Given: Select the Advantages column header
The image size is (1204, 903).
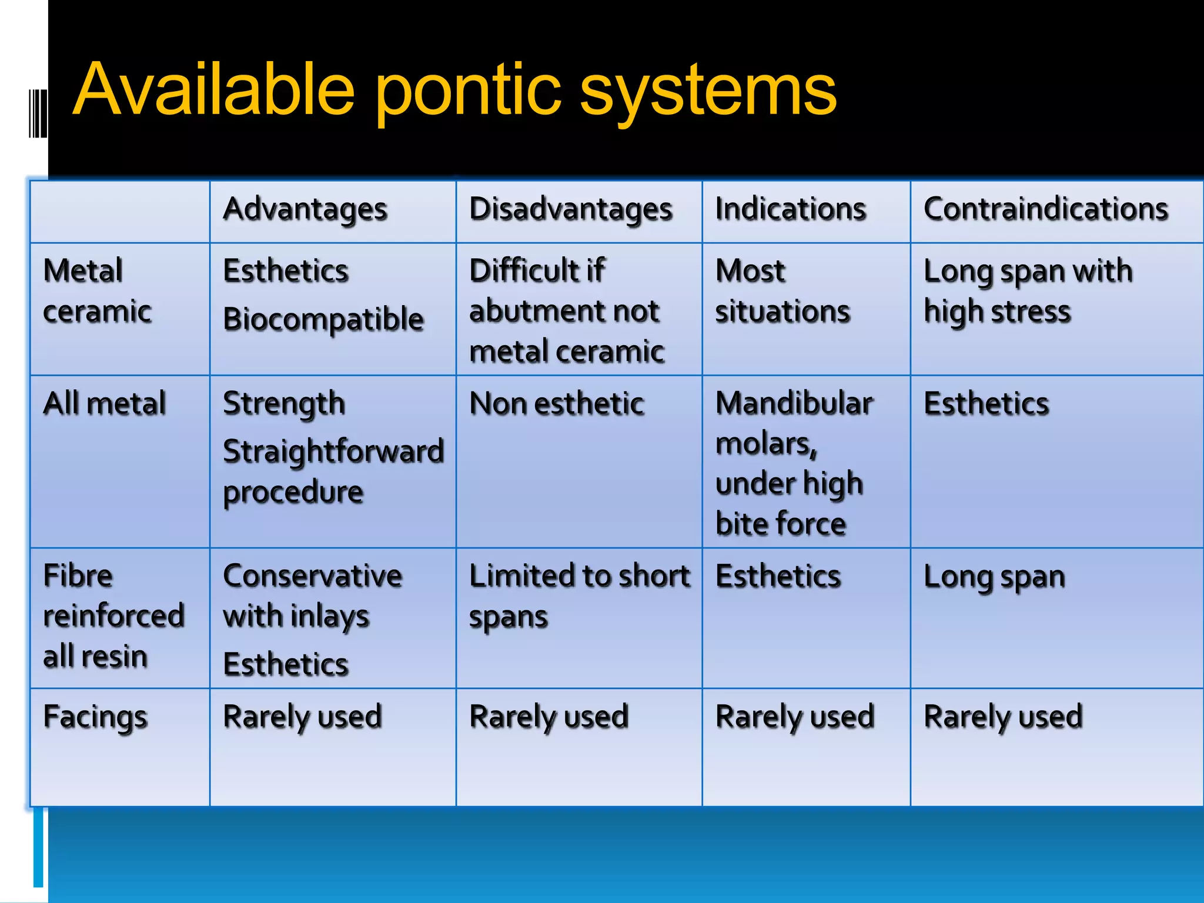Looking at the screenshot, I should pyautogui.click(x=305, y=209).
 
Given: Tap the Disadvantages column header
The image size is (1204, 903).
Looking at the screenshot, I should pyautogui.click(x=570, y=209).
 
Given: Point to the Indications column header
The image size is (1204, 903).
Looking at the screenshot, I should pyautogui.click(x=790, y=209).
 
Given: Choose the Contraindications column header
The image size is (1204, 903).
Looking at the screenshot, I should pyautogui.click(x=1045, y=209).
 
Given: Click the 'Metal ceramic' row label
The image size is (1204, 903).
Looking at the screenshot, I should pyautogui.click(x=97, y=291).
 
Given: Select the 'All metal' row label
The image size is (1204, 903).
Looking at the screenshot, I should pyautogui.click(x=105, y=404).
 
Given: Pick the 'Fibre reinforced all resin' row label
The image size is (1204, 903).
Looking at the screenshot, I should pyautogui.click(x=113, y=616).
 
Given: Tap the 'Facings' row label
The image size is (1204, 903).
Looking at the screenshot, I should pyautogui.click(x=95, y=717).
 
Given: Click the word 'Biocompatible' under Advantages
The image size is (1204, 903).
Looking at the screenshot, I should pyautogui.click(x=323, y=320).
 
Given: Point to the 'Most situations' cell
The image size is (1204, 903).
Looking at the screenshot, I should pyautogui.click(x=782, y=291).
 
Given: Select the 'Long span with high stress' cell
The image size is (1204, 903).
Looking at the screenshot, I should pyautogui.click(x=1028, y=291).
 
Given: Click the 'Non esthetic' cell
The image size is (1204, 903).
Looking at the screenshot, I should pyautogui.click(x=556, y=404).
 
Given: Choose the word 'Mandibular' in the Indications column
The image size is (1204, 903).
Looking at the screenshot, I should pyautogui.click(x=794, y=404).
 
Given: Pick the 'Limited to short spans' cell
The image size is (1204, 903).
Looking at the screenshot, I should pyautogui.click(x=579, y=596).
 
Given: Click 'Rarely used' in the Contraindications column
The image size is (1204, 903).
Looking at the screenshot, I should pyautogui.click(x=1003, y=717).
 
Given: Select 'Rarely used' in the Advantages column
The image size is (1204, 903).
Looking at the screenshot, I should pyautogui.click(x=303, y=717).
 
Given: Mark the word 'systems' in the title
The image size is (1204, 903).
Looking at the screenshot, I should pyautogui.click(x=708, y=91).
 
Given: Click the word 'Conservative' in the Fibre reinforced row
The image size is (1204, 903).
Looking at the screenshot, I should pyautogui.click(x=313, y=576).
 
